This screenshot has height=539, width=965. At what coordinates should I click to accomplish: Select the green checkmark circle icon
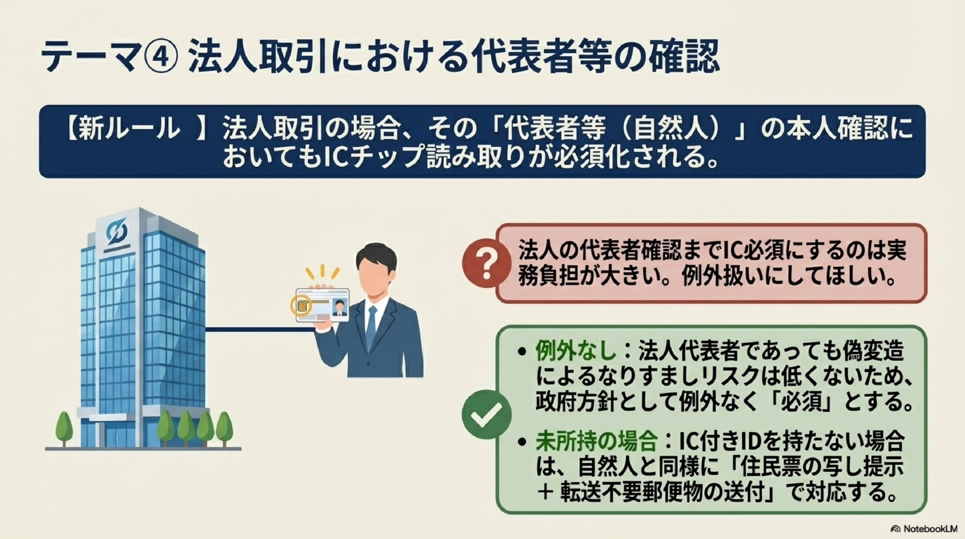[486, 414]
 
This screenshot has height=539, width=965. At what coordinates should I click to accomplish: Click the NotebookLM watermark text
[933, 529]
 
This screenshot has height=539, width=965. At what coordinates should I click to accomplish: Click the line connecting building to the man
[260, 330]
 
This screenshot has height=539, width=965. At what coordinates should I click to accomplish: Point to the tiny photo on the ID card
[340, 307]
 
